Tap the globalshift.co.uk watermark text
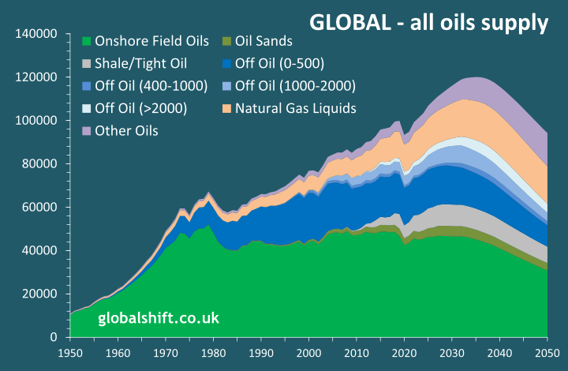[158, 318]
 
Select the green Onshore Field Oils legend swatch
[87, 41]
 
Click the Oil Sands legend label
[263, 41]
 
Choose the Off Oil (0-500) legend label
[280, 63]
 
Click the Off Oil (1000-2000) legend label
[295, 85]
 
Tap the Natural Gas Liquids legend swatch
[227, 107]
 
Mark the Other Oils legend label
[126, 130]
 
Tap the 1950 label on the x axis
[70, 353]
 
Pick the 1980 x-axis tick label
[213, 353]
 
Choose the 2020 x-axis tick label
[404, 353]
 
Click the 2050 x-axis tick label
[547, 353]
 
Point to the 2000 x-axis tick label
[308, 353]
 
